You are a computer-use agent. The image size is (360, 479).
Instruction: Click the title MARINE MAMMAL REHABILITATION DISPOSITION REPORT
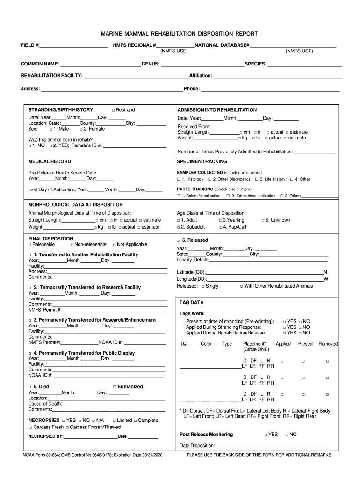[x=180, y=34]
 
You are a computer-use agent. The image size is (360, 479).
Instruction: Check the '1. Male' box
[x=51, y=129]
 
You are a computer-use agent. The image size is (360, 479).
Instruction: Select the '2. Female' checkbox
[x=81, y=129]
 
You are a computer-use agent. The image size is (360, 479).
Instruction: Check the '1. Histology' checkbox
[x=179, y=180]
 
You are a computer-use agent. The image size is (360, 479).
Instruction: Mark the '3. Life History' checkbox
[x=257, y=180]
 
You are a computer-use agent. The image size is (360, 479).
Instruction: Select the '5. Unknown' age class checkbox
[x=263, y=220]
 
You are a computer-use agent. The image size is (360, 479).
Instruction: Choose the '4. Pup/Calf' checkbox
[x=221, y=227]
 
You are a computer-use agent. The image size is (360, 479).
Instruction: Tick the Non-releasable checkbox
[x=72, y=245]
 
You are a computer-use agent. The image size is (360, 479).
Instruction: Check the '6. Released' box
[x=179, y=240]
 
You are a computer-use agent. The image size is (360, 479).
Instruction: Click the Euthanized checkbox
[x=115, y=387]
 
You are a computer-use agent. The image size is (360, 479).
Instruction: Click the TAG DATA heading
[x=191, y=303]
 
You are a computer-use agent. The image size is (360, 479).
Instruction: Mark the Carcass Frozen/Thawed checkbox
[x=68, y=428]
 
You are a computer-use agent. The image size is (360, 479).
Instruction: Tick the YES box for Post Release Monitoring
[x=266, y=435]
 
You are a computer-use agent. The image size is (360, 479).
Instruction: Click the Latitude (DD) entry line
[x=264, y=273]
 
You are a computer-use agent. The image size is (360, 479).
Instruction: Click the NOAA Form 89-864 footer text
[x=92, y=455]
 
